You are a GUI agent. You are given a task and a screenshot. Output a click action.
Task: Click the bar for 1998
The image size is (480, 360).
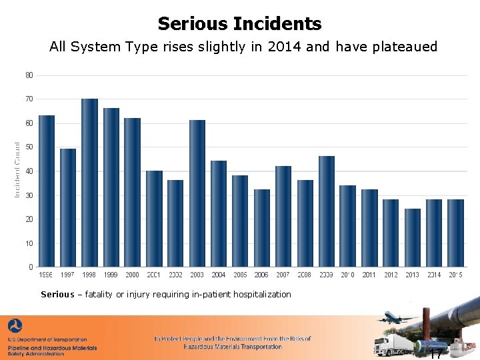coord(89,183)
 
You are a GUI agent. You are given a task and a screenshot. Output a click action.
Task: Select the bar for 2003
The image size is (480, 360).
coord(197,193)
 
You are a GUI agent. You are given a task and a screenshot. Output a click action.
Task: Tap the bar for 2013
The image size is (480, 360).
coord(413,238)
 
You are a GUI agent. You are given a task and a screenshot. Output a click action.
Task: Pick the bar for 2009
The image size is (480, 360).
coord(326,211)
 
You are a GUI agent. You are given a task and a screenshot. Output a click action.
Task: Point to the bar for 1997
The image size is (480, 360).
coord(68,208)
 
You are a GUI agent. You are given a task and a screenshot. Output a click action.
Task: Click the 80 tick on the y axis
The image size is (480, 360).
coord(29,75)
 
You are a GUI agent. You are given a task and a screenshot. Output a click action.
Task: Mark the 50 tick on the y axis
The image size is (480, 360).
coord(29,147)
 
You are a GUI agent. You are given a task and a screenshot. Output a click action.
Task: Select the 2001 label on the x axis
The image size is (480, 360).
coord(154,275)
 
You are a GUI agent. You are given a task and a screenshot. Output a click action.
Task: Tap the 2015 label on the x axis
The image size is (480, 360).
coord(455,275)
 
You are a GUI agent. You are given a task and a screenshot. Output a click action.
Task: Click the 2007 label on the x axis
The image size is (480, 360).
coord(283,275)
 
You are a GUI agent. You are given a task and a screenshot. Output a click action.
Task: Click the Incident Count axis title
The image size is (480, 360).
coord(17,168)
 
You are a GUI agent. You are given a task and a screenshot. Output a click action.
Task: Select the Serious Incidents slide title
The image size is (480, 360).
coord(239,25)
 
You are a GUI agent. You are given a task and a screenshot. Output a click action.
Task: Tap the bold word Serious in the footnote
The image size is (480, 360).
coord(57,294)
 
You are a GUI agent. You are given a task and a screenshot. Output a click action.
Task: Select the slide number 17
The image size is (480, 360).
coord(435,353)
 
